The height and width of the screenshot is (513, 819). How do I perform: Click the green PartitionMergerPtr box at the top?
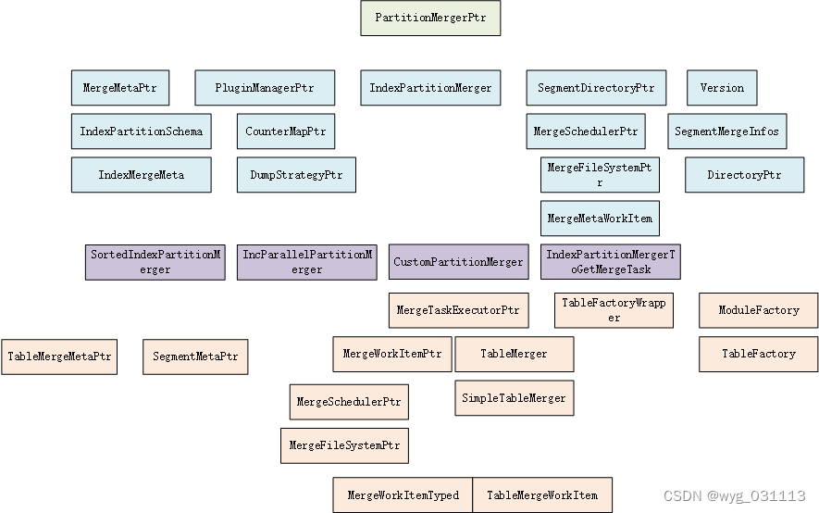point(430,18)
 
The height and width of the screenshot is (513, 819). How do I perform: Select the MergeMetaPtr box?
point(119,88)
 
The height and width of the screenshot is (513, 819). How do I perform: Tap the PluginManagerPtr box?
point(264,88)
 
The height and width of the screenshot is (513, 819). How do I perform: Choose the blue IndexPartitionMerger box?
point(430,88)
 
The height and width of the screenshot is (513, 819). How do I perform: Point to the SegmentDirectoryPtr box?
point(596,88)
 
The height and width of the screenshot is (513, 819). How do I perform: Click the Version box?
point(722,88)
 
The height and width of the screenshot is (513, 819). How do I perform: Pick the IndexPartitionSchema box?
point(141,131)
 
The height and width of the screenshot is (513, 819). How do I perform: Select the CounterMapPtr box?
point(286,131)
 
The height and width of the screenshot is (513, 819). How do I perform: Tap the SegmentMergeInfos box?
point(726,131)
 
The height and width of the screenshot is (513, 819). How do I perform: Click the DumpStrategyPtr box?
point(296,175)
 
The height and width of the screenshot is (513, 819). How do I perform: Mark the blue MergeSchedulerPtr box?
point(586,131)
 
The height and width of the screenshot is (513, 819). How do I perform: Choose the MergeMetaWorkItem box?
point(600,219)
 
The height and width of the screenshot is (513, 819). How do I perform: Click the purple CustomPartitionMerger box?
point(458,262)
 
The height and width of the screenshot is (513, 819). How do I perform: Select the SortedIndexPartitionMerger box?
point(155,262)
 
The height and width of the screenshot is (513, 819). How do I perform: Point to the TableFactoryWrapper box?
point(614,310)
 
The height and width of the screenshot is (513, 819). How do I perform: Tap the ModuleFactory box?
point(759,310)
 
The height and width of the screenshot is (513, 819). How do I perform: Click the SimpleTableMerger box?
point(514,398)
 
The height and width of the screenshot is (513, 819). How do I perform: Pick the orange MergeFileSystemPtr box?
point(344,445)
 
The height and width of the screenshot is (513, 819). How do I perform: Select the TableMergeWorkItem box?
point(542,495)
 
